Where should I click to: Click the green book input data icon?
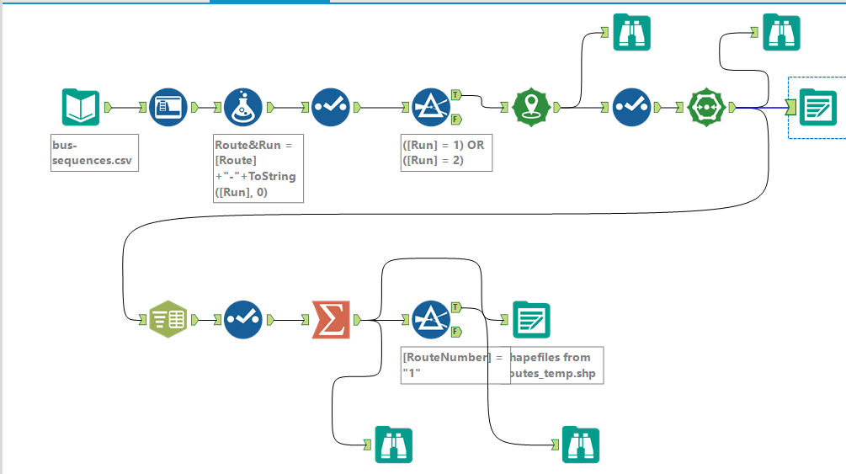[x=81, y=108]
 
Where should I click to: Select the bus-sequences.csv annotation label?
[x=93, y=152]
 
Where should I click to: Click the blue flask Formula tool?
[x=243, y=108]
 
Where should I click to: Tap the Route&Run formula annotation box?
[x=258, y=168]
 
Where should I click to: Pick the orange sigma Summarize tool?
[x=331, y=320]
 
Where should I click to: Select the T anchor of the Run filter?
[x=455, y=94]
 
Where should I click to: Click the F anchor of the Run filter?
[x=455, y=119]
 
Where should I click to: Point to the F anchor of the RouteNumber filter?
[x=455, y=331]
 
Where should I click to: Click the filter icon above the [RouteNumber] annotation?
[x=431, y=320]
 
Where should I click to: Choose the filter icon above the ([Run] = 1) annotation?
[x=431, y=108]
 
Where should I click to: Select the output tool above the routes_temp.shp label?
[x=531, y=320]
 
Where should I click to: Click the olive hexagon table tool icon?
[x=168, y=320]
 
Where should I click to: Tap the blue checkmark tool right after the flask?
[x=331, y=108]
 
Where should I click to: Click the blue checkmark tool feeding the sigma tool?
[x=243, y=320]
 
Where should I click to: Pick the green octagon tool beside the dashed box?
[x=706, y=108]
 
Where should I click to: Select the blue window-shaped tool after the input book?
[x=168, y=108]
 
